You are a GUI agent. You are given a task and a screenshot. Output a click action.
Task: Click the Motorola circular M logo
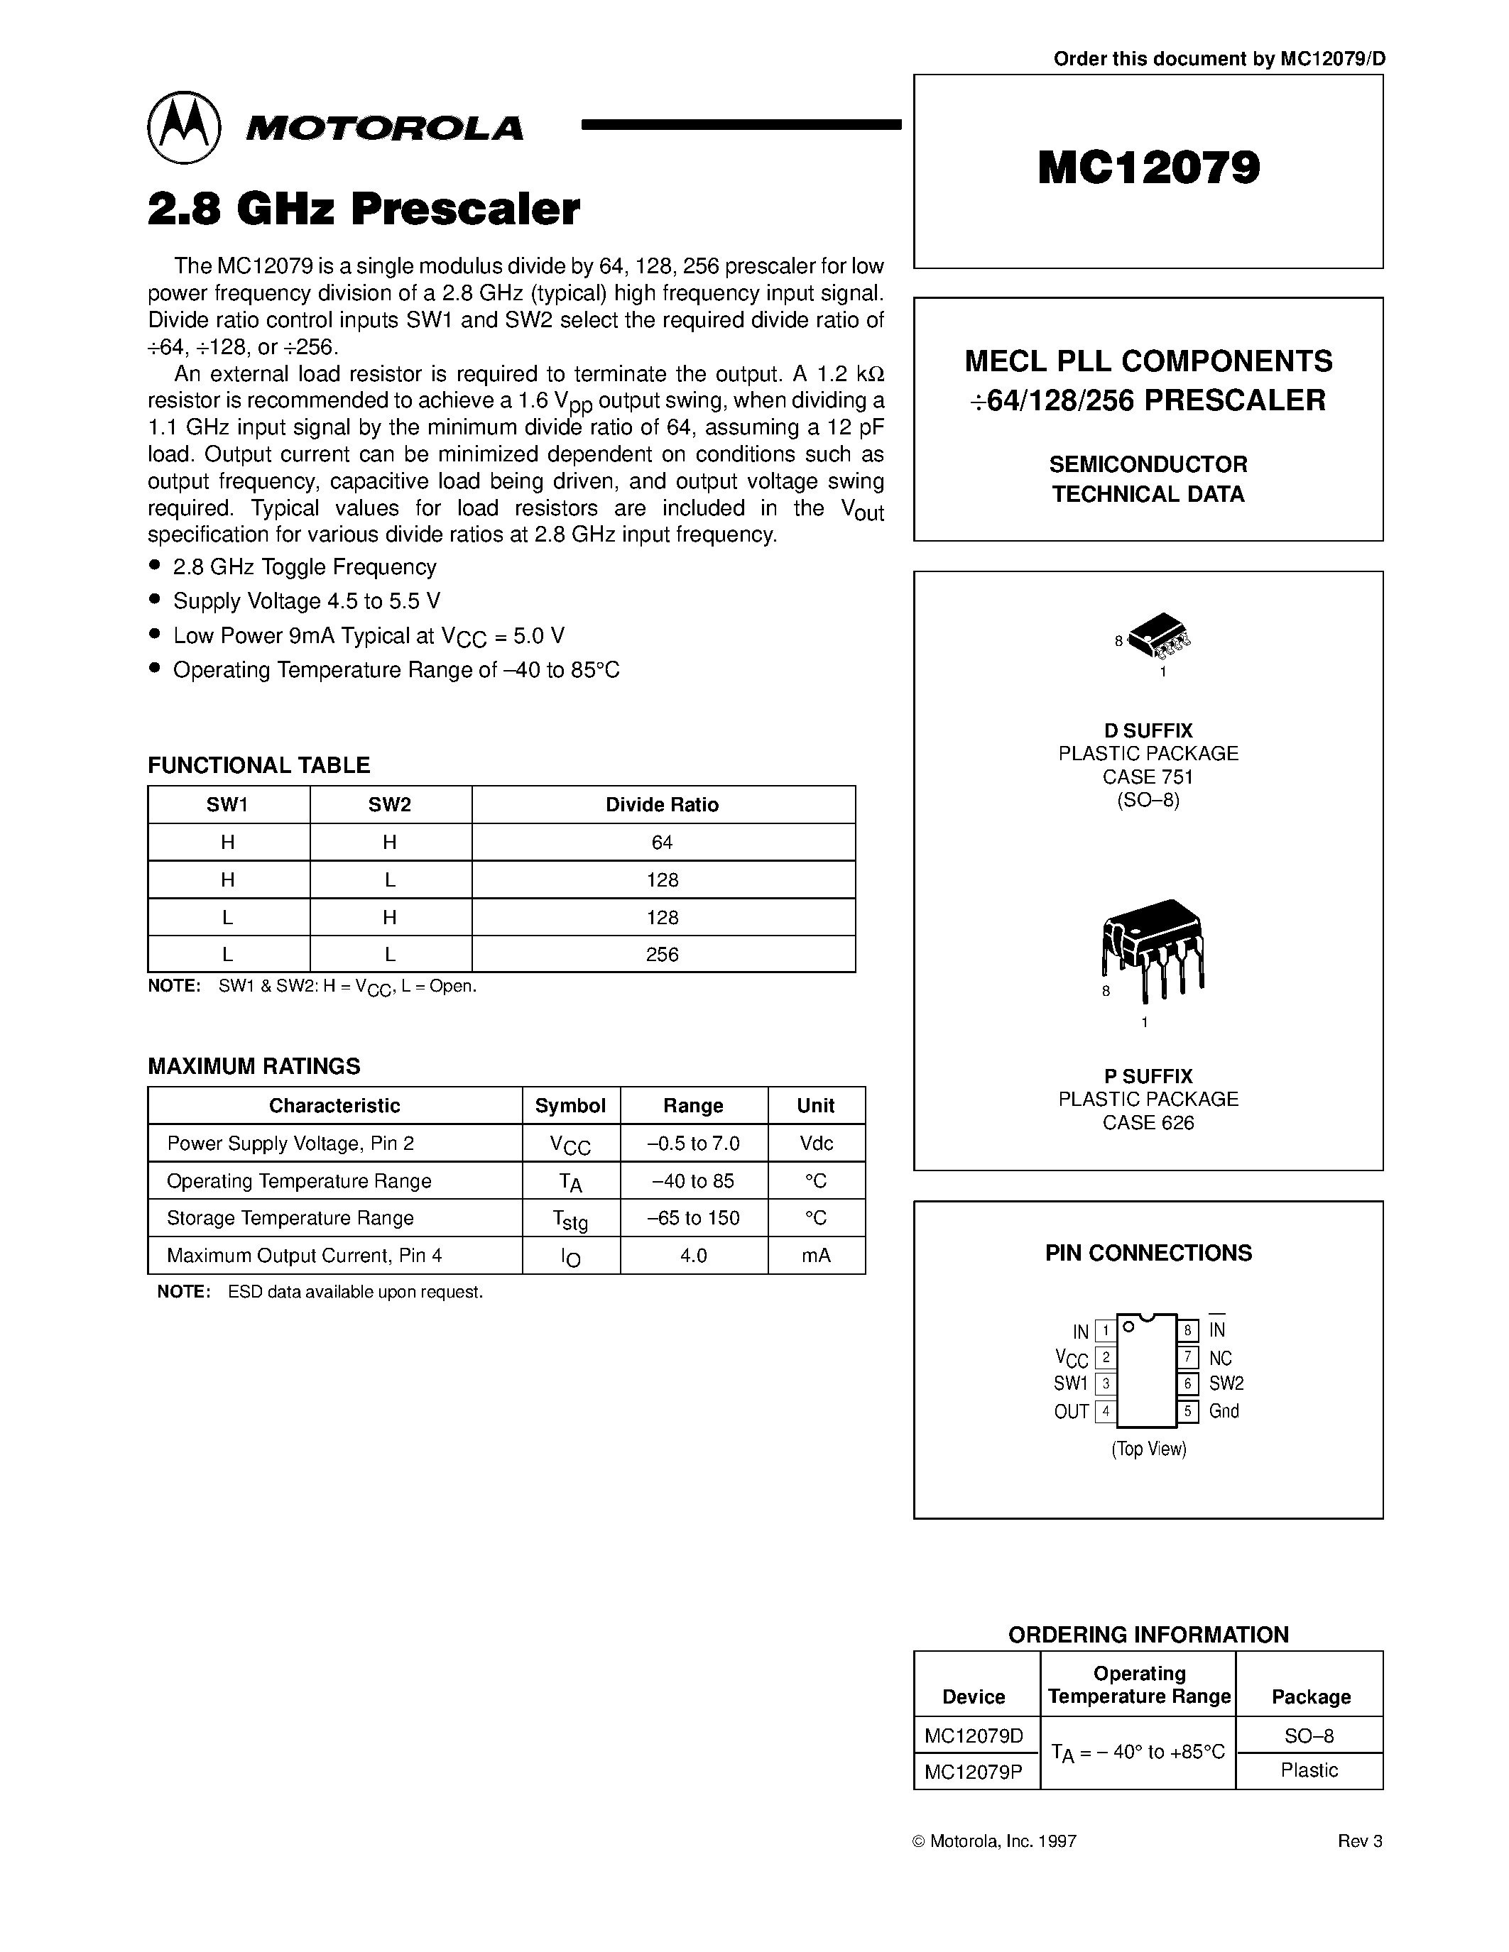[183, 127]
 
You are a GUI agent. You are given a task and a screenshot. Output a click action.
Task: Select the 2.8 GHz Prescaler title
[363, 209]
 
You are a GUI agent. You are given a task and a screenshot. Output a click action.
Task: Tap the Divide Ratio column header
[662, 804]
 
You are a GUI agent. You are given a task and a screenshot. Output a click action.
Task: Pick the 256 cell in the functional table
[662, 955]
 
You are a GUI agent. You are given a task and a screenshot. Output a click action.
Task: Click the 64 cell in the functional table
[662, 842]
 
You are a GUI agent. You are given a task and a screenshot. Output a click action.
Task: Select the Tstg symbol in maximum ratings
[570, 1219]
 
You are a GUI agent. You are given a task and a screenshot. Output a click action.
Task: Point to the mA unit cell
[815, 1256]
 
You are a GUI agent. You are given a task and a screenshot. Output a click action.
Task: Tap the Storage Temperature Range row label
[290, 1218]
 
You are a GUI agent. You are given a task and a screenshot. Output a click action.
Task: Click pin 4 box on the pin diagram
[1106, 1411]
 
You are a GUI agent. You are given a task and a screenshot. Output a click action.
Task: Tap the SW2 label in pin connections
[1226, 1383]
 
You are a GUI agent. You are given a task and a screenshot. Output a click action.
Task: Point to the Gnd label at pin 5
[1223, 1411]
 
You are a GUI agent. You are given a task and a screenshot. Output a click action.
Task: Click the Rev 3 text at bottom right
[1359, 1841]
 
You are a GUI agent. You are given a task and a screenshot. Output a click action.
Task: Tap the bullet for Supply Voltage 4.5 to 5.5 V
[156, 600]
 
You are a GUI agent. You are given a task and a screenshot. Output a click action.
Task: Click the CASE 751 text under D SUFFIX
[1148, 777]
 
